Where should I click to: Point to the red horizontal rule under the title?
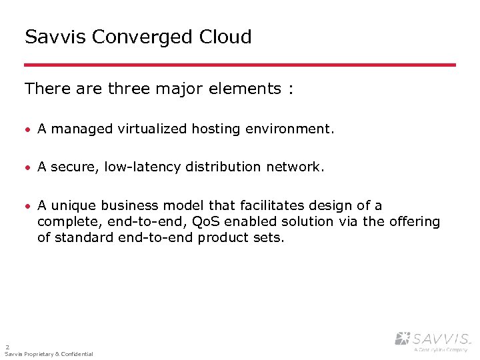point(240,65)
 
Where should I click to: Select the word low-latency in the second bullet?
point(142,167)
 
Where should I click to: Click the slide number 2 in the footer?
point(7,347)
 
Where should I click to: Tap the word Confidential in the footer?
point(75,354)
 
